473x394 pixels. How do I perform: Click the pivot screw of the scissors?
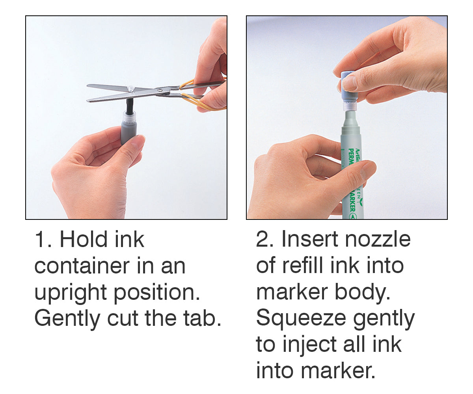(x=160, y=90)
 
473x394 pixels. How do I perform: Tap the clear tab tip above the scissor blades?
(x=131, y=88)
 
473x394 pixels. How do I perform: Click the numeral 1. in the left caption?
(x=43, y=239)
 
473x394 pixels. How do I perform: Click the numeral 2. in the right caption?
(x=264, y=239)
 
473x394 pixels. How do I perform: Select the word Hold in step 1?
(x=83, y=239)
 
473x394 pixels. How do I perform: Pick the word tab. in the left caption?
(x=202, y=318)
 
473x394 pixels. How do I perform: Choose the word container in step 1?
(x=82, y=266)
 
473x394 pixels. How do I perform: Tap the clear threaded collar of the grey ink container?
(x=129, y=116)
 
